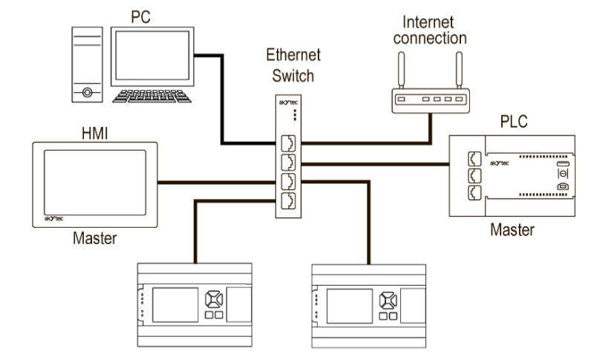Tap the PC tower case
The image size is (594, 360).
[x=88, y=65]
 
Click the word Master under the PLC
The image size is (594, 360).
[x=512, y=230]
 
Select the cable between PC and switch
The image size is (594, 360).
[x=223, y=111]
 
